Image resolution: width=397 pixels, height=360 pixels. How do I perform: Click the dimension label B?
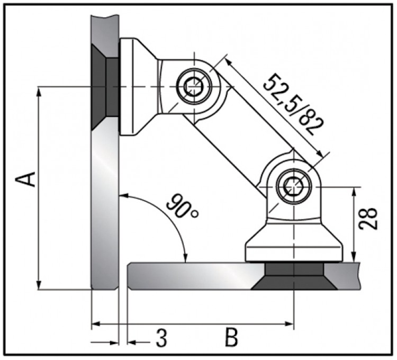pos(231,337)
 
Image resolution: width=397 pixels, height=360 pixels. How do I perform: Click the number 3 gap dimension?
pos(161,338)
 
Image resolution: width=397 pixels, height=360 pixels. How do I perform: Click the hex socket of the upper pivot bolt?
pos(194,87)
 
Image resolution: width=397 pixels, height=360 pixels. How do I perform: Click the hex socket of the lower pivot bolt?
pos(294,187)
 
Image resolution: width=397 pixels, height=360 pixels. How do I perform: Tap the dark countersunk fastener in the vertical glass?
pos(105,87)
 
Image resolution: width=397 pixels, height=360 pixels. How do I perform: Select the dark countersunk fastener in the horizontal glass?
pos(294,276)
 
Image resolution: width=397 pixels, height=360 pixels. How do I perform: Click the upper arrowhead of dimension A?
pos(39,92)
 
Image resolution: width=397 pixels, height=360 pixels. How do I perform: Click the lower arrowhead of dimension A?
pos(39,284)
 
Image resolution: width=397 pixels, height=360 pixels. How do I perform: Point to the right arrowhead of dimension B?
pos(289,323)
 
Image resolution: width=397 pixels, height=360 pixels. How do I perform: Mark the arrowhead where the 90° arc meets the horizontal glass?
pos(186,258)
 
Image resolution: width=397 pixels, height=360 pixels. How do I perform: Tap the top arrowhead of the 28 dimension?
pos(355,192)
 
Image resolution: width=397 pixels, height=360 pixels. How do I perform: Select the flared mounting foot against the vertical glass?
pos(138,87)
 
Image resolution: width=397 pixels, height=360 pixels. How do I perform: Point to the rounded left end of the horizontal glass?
pos(130,276)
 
